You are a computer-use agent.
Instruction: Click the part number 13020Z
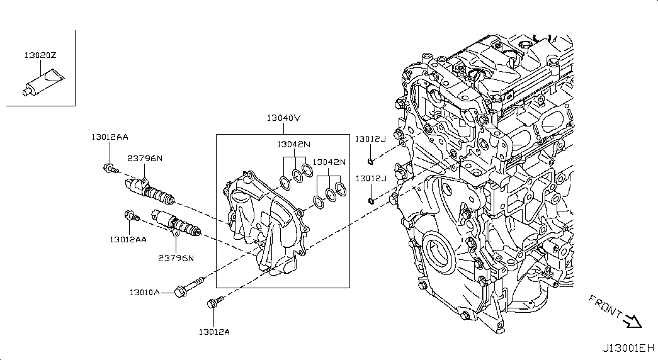point(40,55)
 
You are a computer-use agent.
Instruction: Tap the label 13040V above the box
point(283,118)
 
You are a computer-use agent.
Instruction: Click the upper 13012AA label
point(109,137)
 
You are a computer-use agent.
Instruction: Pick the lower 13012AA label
point(128,239)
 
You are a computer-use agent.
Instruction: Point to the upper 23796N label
point(145,158)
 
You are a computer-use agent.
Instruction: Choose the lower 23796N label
point(176,258)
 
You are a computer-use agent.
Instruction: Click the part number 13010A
point(145,292)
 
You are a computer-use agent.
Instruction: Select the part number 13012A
point(214,332)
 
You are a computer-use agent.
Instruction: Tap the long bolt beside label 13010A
point(188,287)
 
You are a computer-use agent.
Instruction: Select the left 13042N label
point(293,144)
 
